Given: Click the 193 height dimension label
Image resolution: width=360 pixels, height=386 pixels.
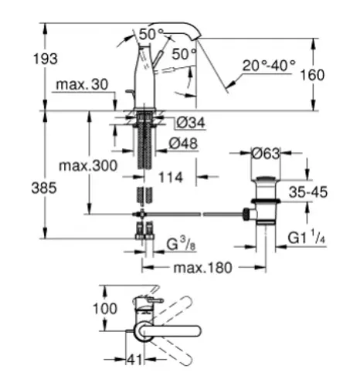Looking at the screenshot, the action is click(x=46, y=59).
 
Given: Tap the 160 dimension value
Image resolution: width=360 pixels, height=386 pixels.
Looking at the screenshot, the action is click(x=312, y=75).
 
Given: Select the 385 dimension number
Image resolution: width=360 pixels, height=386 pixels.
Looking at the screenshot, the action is click(x=44, y=188).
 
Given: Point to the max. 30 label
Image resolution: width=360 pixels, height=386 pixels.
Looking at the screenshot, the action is click(x=82, y=84).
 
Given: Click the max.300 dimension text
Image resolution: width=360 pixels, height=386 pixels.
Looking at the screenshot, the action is click(x=88, y=165).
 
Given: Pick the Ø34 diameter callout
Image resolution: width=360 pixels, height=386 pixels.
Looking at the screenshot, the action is click(x=191, y=122).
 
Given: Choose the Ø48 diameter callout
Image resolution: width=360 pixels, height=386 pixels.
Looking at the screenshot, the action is click(x=183, y=143).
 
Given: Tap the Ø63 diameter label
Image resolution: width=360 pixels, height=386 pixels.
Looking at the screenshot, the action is click(x=266, y=154).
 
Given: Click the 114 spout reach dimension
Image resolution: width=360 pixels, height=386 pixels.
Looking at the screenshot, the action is click(x=171, y=177).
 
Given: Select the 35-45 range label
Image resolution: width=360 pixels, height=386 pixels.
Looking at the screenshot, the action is click(x=308, y=192).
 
